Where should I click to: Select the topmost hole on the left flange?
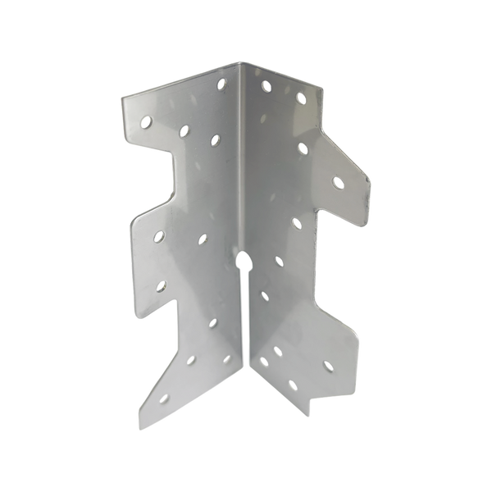(220, 82)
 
